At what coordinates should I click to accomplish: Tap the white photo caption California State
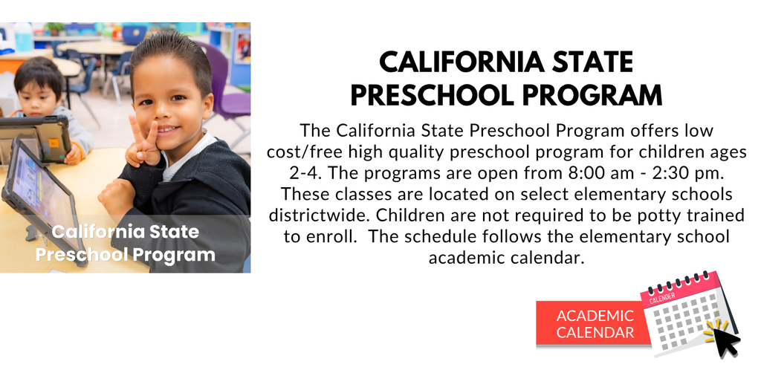[126, 231]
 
